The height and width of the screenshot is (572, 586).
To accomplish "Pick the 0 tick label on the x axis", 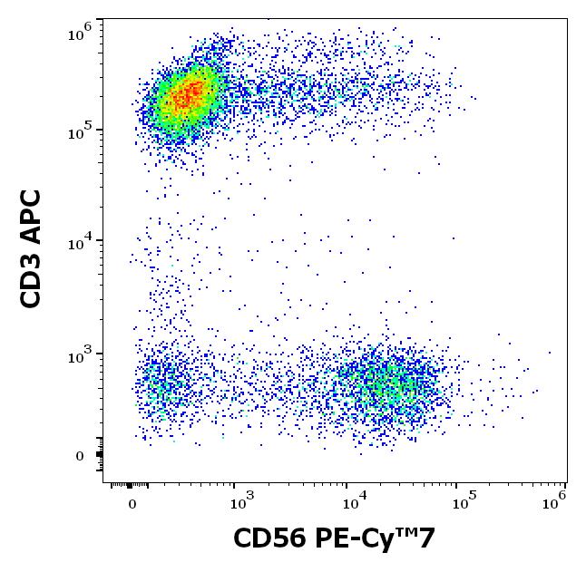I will coord(132,504).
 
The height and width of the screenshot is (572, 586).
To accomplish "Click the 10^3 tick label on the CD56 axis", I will coord(240,502).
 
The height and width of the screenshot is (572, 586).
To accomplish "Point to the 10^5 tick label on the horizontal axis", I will coord(464,502).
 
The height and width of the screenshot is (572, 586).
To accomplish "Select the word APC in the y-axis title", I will coord(33,216).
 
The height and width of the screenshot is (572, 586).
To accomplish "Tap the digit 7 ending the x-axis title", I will coord(426,539).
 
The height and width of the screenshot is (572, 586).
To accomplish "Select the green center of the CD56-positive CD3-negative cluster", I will coord(381,386).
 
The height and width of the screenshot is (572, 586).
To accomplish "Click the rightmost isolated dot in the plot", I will coord(550,353).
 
